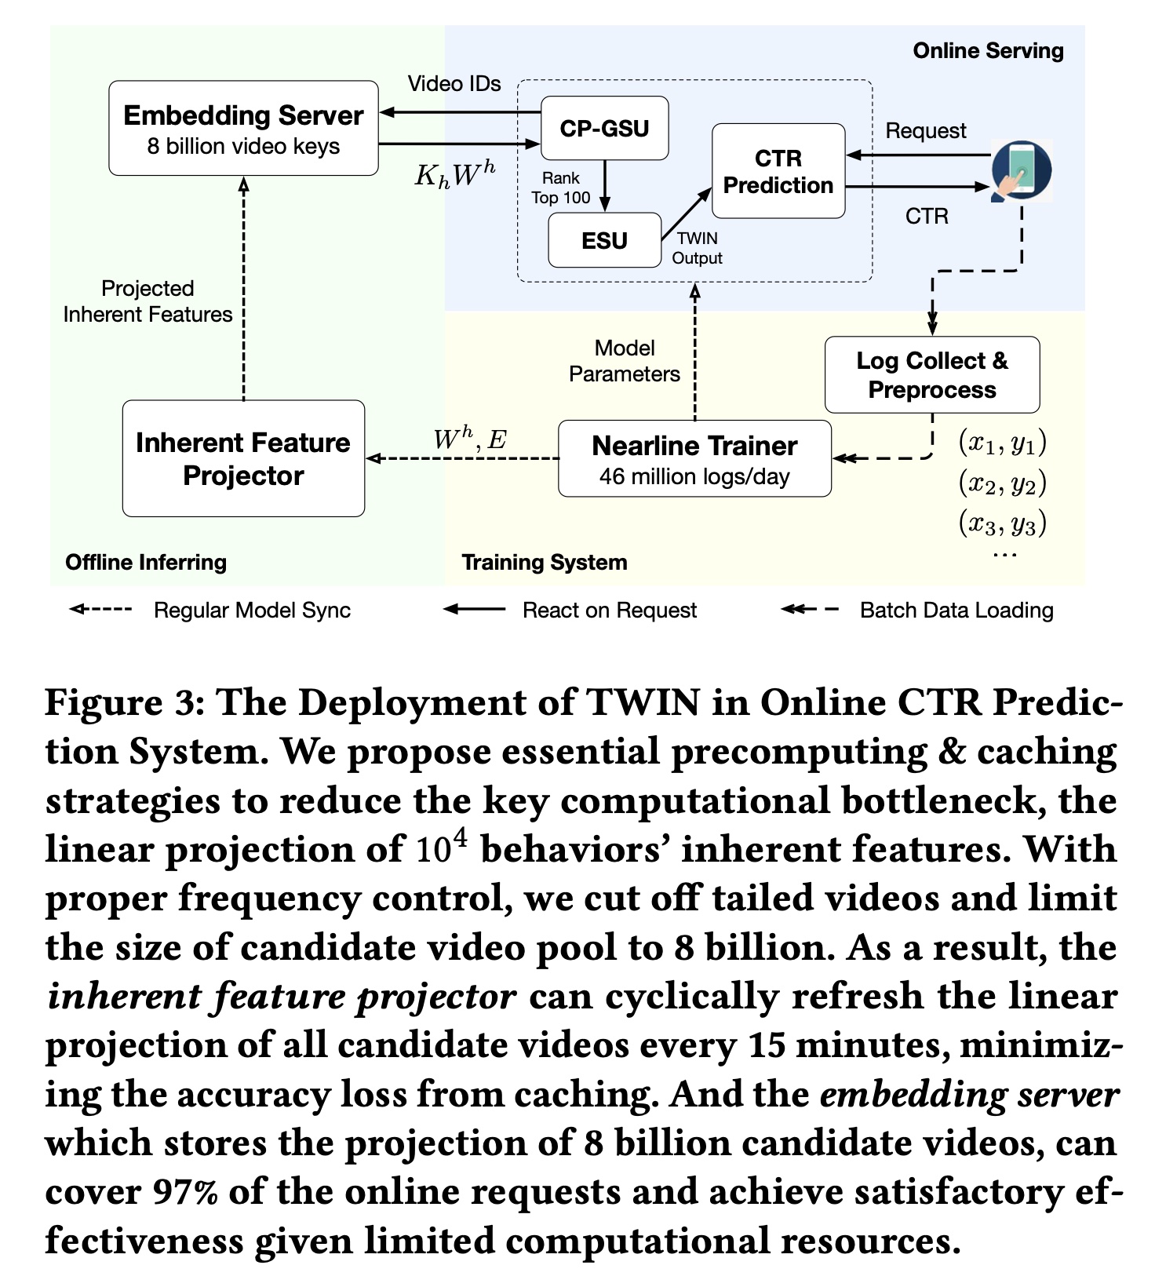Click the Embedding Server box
(x=243, y=128)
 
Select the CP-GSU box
(x=604, y=128)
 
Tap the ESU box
(x=604, y=240)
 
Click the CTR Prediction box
(x=778, y=171)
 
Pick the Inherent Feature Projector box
(x=243, y=458)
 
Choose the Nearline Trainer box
(x=694, y=458)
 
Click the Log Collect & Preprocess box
(x=931, y=375)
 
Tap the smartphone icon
(x=1020, y=170)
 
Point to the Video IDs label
(x=454, y=84)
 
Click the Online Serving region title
(x=988, y=51)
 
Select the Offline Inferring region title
(x=146, y=562)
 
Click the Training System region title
(x=545, y=562)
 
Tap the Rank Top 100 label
(x=560, y=188)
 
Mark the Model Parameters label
(x=625, y=361)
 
